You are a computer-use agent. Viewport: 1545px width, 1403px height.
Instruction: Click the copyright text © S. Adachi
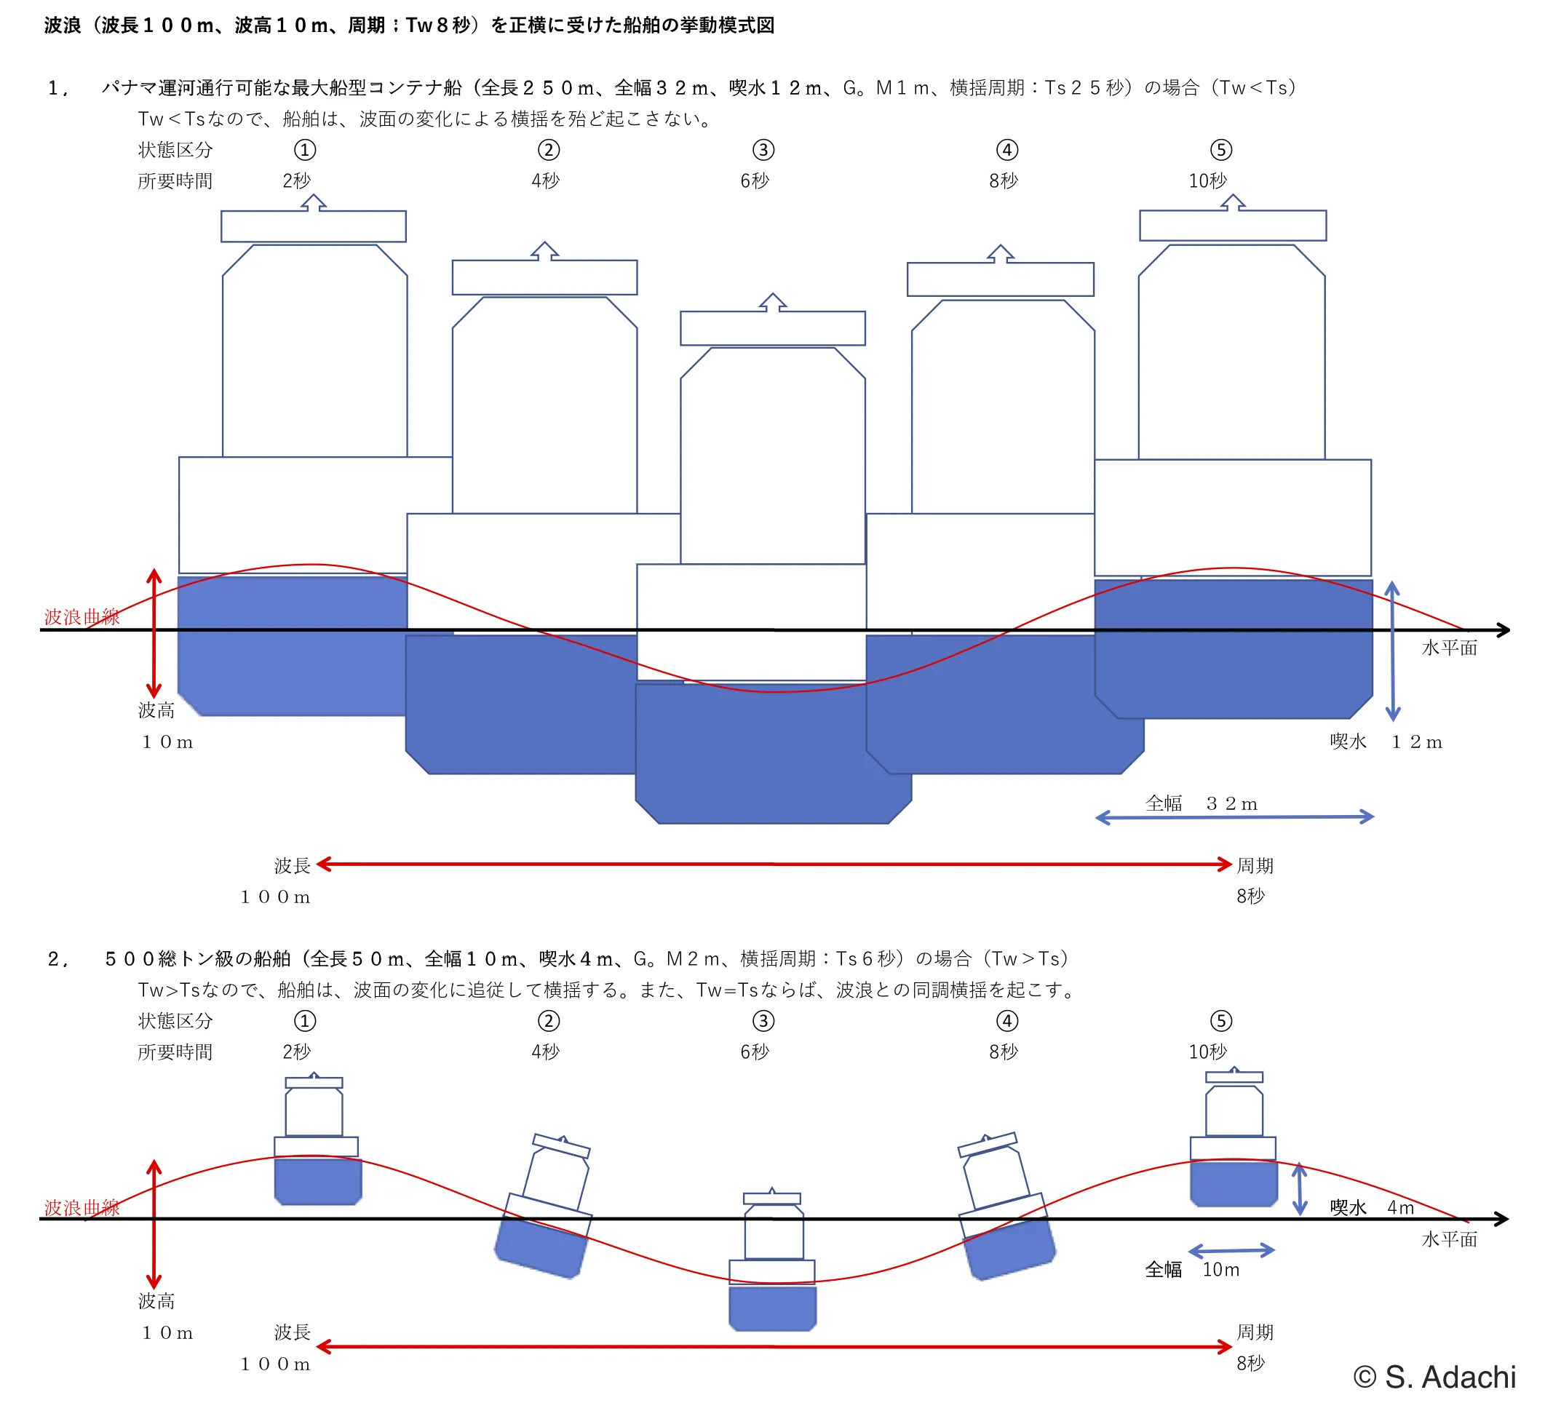(x=1434, y=1377)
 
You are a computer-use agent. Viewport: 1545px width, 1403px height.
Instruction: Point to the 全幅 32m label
(x=1201, y=803)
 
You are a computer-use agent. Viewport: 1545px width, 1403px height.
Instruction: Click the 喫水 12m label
(x=1386, y=741)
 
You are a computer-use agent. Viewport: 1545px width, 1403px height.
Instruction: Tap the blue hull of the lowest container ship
(x=774, y=753)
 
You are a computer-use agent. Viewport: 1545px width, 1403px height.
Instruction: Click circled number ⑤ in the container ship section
(x=1221, y=149)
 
